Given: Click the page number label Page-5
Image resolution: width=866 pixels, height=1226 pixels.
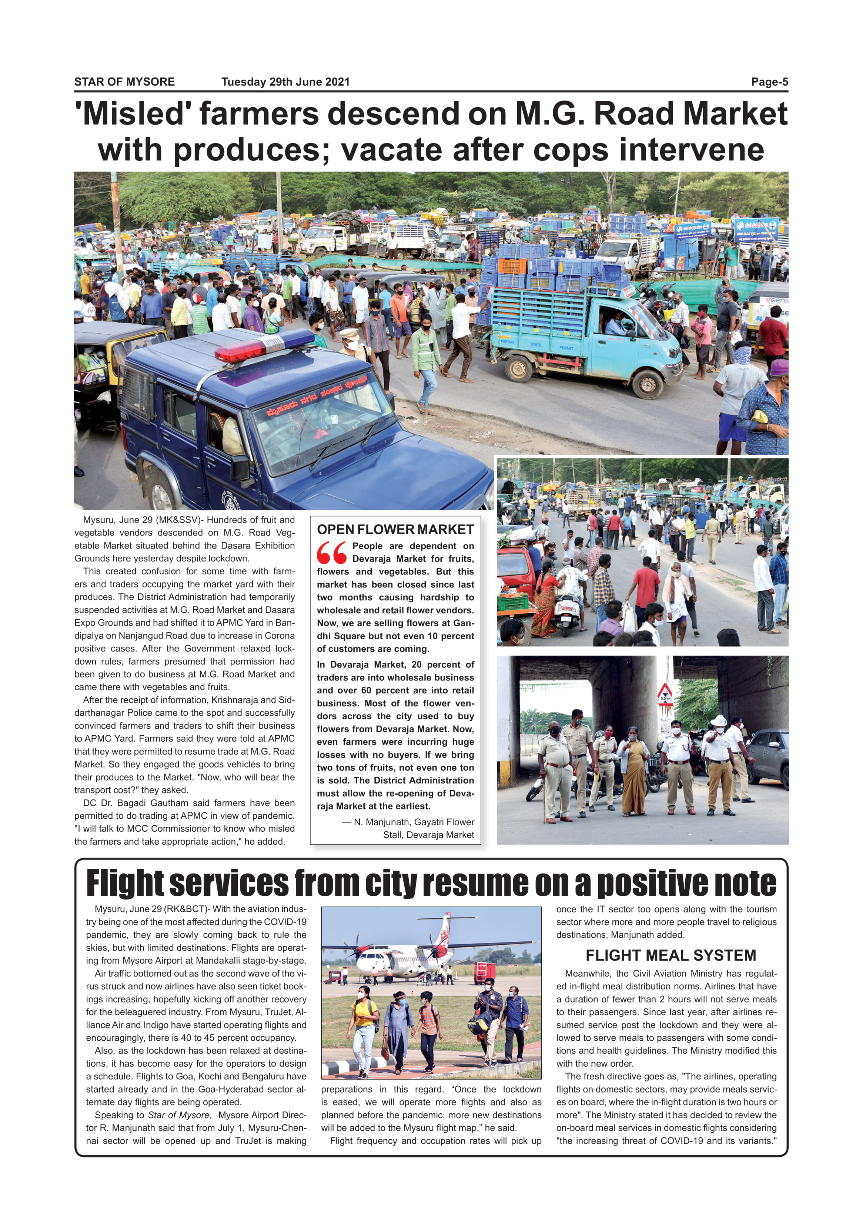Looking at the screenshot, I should [769, 82].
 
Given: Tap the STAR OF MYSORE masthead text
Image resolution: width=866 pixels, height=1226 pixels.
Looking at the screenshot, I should [124, 82].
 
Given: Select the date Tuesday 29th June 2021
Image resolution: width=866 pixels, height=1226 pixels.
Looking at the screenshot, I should [285, 82].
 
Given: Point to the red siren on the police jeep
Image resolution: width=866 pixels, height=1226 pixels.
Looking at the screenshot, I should [264, 344].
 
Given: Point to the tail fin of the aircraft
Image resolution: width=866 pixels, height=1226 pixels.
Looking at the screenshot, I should [443, 934].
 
